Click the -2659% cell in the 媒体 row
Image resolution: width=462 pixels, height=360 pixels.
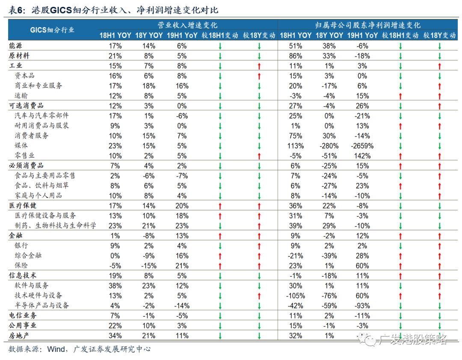362,146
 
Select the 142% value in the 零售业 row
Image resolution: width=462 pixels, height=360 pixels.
362,156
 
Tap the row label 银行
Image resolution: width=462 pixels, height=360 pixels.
21,245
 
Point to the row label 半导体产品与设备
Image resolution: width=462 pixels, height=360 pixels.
42,305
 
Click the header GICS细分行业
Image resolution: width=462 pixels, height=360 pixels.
52,30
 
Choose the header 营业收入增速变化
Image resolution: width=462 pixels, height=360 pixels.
187,25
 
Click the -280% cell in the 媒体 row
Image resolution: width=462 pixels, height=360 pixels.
329,146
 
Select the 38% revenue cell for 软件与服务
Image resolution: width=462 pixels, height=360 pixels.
115,286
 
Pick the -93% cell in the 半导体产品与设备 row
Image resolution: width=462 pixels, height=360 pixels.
362,305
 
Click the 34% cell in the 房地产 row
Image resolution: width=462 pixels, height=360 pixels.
115,336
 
